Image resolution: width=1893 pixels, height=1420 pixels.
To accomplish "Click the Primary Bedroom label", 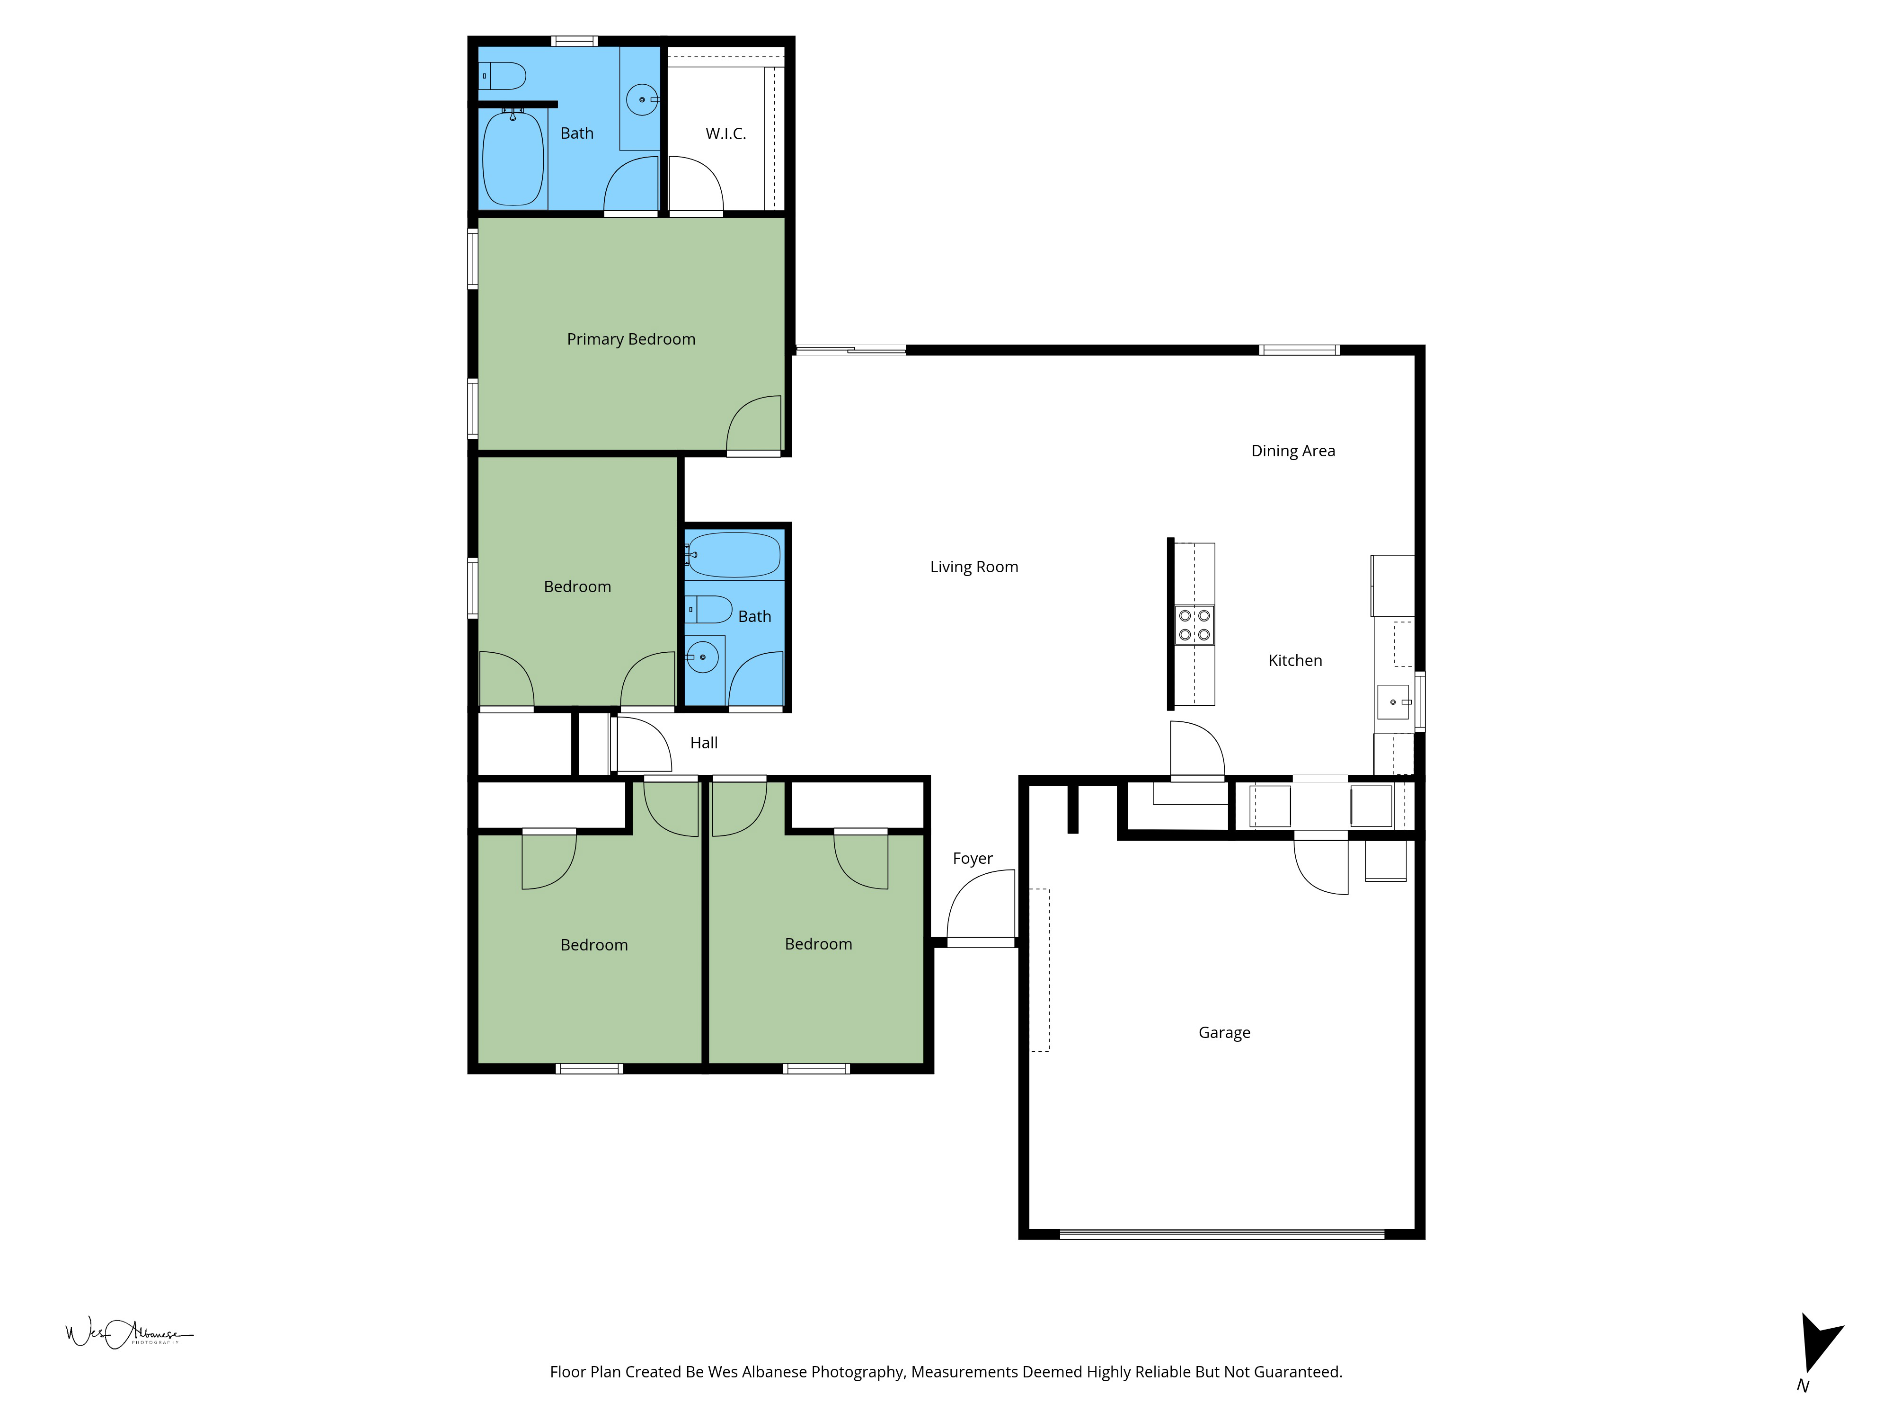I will (x=631, y=339).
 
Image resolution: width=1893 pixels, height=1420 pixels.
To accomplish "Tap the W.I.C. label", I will (x=725, y=133).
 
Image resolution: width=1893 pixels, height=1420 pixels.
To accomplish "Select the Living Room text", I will (x=974, y=567).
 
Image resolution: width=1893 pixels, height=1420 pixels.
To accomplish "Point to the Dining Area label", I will (x=1292, y=451).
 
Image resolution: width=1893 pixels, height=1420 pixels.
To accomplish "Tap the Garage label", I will (x=1224, y=1032).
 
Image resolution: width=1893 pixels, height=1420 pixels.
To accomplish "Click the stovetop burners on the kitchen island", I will (x=1194, y=625).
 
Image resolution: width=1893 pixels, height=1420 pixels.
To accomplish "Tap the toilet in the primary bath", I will (x=503, y=76).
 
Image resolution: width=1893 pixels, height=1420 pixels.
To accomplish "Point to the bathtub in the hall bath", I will (x=734, y=555).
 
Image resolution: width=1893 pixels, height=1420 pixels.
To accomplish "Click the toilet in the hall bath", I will (x=710, y=610).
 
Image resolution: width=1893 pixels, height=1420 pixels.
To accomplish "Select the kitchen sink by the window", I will (x=1392, y=702).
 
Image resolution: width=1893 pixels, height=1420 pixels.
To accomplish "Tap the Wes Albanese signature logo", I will (x=128, y=1333).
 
